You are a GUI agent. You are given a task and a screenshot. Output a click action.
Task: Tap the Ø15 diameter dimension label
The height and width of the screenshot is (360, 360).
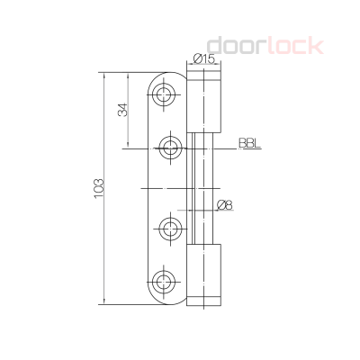pyautogui.click(x=203, y=59)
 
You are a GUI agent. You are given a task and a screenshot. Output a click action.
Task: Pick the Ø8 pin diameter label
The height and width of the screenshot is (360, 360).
pyautogui.click(x=225, y=206)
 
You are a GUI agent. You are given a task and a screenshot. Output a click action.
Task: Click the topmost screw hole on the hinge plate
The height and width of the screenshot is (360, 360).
pyautogui.click(x=166, y=95)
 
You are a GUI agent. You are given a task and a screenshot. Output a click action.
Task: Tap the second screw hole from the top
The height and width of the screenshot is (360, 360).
pyautogui.click(x=168, y=146)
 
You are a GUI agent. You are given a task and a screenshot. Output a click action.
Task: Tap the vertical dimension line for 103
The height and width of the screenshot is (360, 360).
pyautogui.click(x=106, y=188)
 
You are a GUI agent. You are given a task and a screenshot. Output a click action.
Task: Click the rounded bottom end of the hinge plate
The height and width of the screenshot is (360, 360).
pyautogui.click(x=166, y=301)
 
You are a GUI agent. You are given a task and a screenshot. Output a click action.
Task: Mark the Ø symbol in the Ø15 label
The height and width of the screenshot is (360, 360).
pyautogui.click(x=196, y=59)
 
